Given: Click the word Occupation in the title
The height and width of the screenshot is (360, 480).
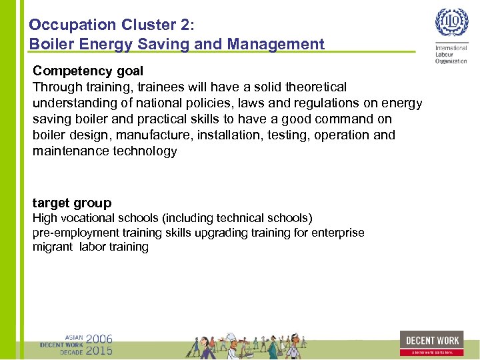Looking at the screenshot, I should click(72, 25).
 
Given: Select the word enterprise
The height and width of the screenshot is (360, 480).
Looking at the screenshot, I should click(339, 233).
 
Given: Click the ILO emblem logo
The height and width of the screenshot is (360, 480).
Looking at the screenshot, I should click(451, 24).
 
